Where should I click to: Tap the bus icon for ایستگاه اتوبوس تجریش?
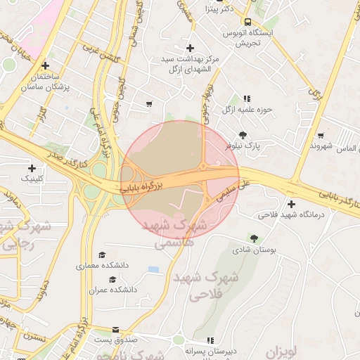[x=247, y=21]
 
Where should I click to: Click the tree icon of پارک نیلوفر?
[x=243, y=134]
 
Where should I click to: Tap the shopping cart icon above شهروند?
[x=321, y=135]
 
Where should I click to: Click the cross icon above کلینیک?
[x=32, y=168]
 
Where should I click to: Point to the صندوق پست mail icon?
[x=116, y=330]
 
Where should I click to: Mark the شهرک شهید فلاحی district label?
[x=235, y=287]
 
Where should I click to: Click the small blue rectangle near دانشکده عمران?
[x=153, y=269]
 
